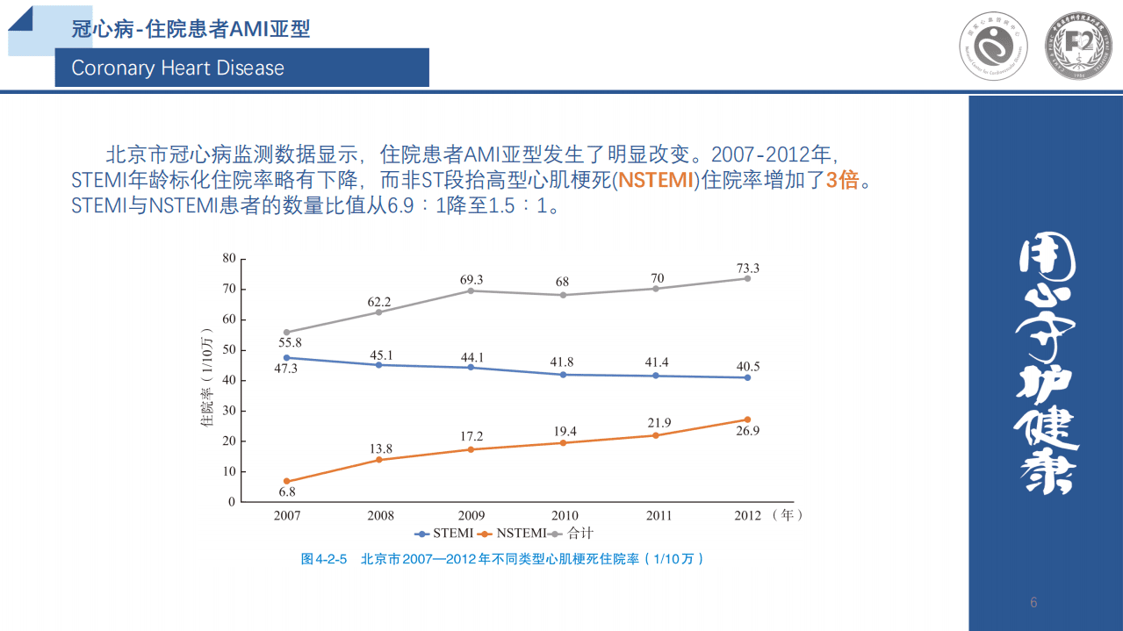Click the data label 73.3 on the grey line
point(747,268)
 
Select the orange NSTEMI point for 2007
point(287,481)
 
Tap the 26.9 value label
point(747,431)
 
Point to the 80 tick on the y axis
point(229,258)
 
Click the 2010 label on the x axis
point(565,515)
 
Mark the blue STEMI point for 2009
point(472,367)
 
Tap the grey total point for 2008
point(379,312)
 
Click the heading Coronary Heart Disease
point(178,68)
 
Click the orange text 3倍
point(841,181)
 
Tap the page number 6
point(1033,602)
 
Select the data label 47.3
point(286,369)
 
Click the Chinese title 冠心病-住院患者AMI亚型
point(191,29)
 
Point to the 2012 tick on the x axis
point(747,515)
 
